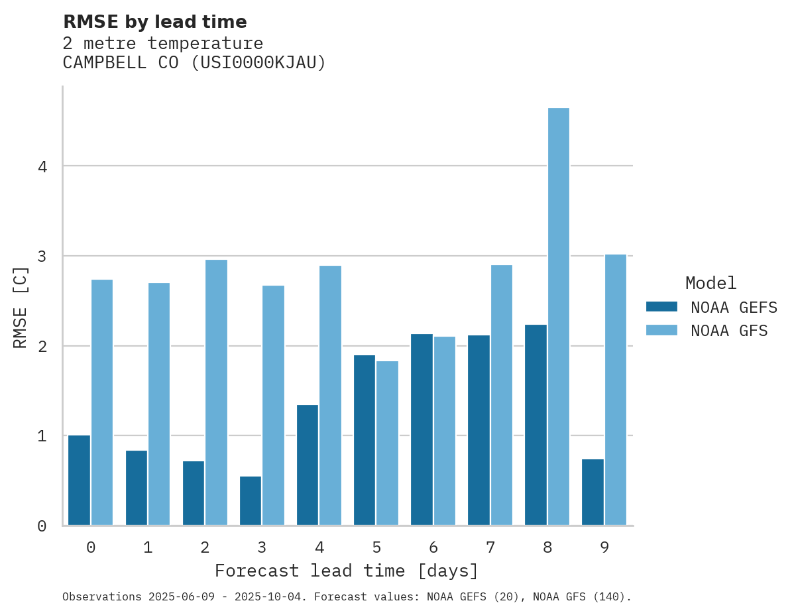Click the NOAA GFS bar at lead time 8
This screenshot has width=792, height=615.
tap(558, 316)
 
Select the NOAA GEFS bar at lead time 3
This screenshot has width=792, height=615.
tap(250, 500)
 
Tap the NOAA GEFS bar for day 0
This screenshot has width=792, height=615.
tap(79, 480)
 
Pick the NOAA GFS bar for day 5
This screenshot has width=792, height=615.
tap(387, 443)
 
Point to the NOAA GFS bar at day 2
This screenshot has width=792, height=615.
tap(216, 392)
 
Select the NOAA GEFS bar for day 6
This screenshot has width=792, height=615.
tap(422, 429)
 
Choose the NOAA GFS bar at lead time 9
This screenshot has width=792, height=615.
tap(615, 390)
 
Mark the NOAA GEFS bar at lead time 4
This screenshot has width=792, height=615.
tap(308, 465)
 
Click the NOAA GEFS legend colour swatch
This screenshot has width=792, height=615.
tap(661, 307)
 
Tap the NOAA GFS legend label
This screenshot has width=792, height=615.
tap(729, 331)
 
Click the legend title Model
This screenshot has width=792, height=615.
tap(710, 284)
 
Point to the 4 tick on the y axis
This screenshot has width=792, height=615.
tap(42, 166)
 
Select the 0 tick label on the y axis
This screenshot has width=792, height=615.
tap(42, 526)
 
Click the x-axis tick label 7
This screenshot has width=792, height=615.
tap(490, 547)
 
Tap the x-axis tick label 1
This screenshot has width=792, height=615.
tap(148, 547)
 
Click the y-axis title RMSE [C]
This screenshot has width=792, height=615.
tap(21, 307)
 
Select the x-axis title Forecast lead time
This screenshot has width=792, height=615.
tap(346, 571)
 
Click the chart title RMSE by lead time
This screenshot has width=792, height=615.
tap(154, 22)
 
